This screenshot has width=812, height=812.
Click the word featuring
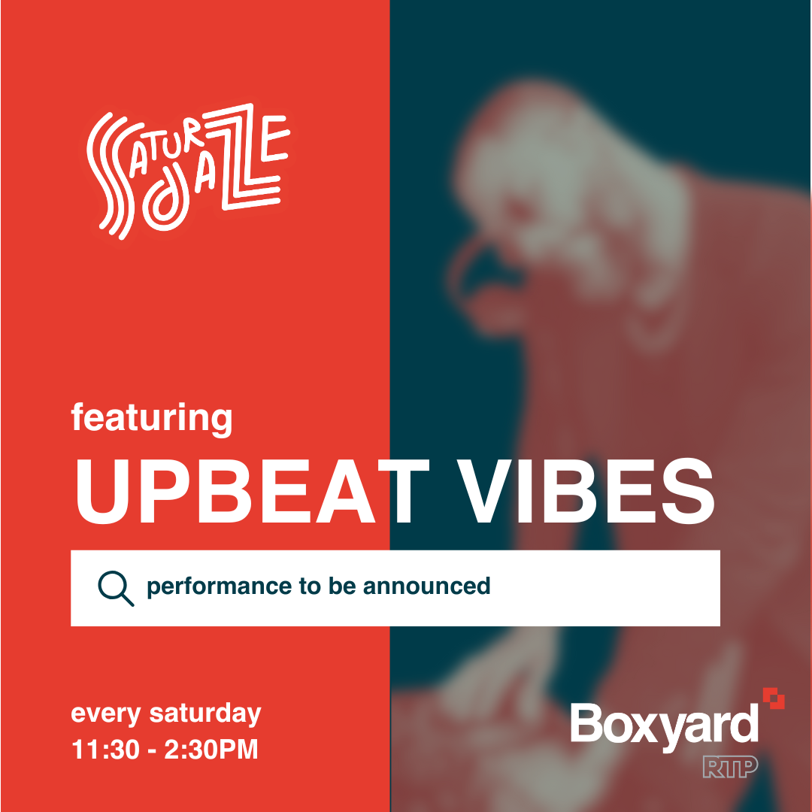152,420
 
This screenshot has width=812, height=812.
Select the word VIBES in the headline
586,491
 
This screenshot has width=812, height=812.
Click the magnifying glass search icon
116,588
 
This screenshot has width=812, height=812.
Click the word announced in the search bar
426,586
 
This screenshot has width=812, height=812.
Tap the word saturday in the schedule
205,714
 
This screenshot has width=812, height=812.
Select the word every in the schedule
106,715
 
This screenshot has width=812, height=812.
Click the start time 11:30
106,750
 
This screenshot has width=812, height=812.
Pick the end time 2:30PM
211,750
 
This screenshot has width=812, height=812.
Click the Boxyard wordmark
665,725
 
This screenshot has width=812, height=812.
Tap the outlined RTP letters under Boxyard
730,767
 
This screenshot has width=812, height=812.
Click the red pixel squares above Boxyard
774,698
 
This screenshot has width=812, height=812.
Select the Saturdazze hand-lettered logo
187,171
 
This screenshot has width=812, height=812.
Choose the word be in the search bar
342,586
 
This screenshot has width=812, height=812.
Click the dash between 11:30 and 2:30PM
152,751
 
